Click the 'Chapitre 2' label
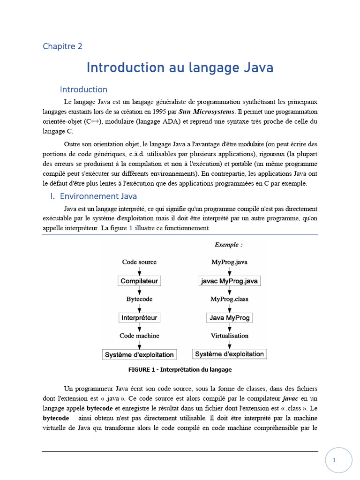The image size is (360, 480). pos(62,46)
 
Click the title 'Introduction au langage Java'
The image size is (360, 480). pos(180,67)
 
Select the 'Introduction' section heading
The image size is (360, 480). pos(83,89)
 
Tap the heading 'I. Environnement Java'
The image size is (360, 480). pos(93,196)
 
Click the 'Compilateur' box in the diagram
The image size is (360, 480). pos(139,281)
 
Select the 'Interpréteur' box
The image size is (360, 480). pos(139,318)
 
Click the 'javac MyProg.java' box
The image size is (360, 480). pos(229,281)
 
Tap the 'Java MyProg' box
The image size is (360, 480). pos(229,318)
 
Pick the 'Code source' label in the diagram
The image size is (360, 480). pos(139,262)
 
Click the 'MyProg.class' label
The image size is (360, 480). pos(229,299)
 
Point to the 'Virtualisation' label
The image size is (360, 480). pos(229,336)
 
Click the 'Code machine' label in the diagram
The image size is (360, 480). pos(139,336)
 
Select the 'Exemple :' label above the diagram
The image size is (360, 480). pos(229,245)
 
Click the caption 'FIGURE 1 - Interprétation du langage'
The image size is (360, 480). pos(180,369)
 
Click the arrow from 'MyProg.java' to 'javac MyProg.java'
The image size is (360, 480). pos(229,271)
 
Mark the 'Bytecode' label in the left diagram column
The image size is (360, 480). pos(139,299)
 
